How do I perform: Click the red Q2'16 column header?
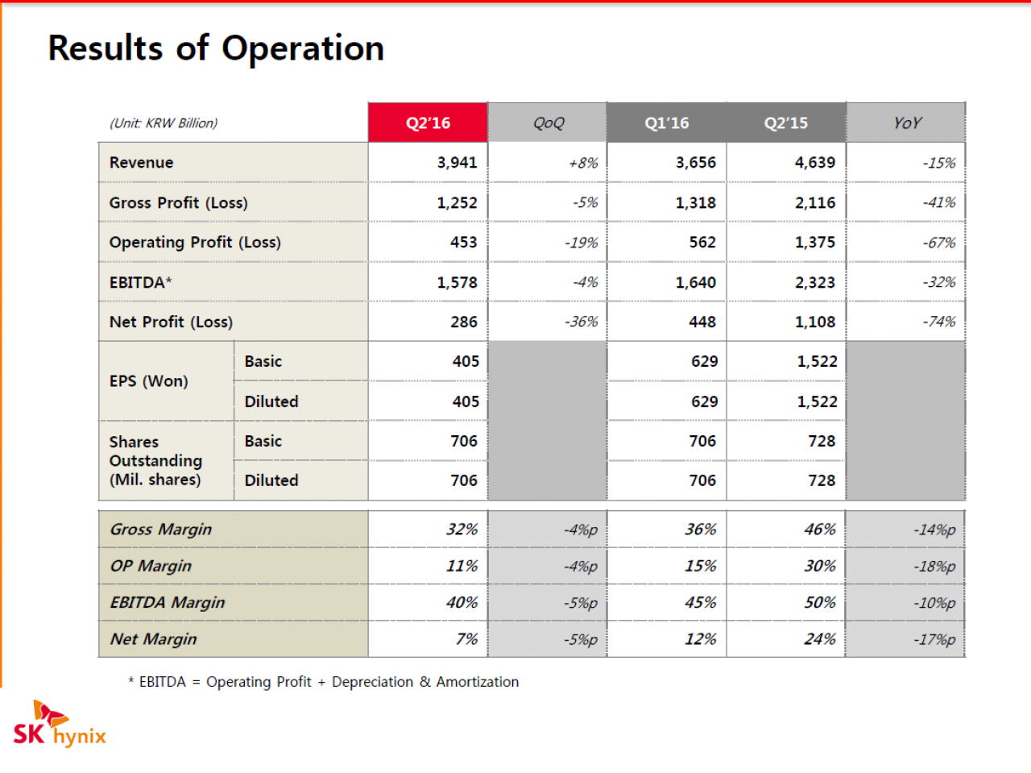point(428,123)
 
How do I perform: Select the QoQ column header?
point(548,123)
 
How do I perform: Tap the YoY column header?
point(906,123)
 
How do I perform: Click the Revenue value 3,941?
point(457,163)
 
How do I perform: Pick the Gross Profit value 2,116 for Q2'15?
point(815,202)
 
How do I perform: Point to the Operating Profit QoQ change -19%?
point(581,243)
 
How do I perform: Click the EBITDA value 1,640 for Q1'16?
point(696,282)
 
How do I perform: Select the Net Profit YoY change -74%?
point(939,322)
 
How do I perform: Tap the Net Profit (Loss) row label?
point(171,322)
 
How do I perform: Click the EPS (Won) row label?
point(148,381)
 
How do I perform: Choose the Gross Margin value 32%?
point(462,529)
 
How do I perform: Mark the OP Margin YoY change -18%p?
point(934,566)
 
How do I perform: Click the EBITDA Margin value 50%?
point(820,602)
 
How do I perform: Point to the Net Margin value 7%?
point(467,639)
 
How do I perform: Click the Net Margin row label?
point(153,639)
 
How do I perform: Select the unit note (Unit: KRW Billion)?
point(164,123)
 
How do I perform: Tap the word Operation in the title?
point(303,49)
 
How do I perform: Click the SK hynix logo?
point(60,724)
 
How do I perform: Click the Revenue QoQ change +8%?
point(583,163)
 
